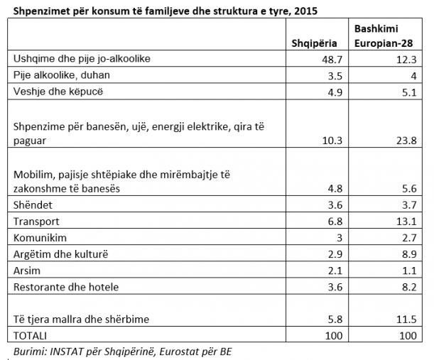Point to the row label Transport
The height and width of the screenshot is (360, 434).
[38, 221]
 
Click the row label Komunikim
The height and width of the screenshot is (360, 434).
[41, 237]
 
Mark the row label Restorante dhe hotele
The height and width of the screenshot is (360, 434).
[66, 287]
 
